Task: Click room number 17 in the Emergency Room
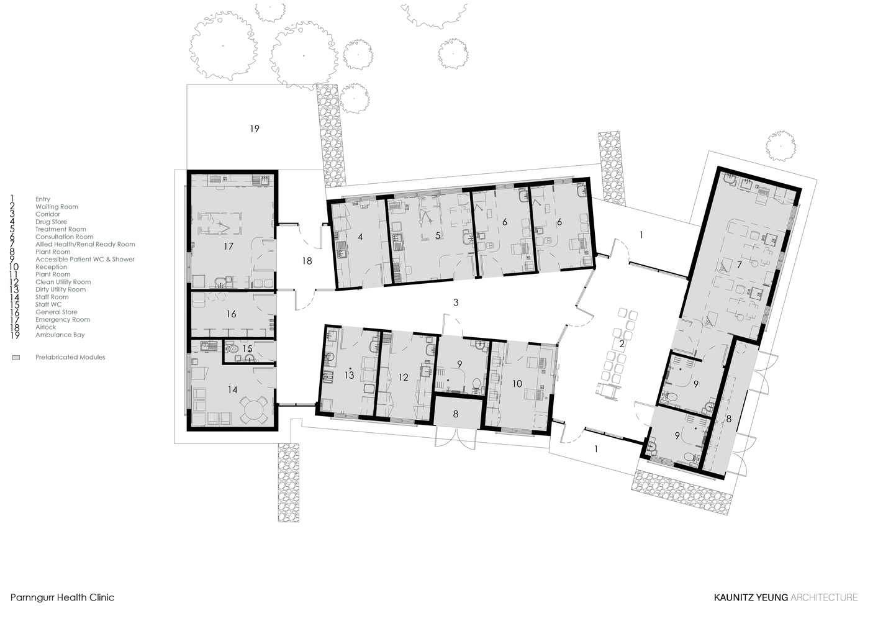[229, 247]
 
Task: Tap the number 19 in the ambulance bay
[255, 129]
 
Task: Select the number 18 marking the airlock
[307, 261]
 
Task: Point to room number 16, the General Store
[231, 314]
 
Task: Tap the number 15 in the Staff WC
[247, 349]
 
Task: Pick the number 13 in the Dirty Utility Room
[349, 375]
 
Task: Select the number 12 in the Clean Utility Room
[404, 377]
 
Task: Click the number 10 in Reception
[517, 384]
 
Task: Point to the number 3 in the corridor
[456, 302]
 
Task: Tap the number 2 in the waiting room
[620, 344]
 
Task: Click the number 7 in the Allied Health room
[739, 265]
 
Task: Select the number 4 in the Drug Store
[360, 236]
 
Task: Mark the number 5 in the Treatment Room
[438, 235]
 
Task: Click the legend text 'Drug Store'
[51, 222]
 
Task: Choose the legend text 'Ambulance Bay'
[60, 335]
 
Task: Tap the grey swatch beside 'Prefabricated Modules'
[16, 358]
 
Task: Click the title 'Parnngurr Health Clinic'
[63, 597]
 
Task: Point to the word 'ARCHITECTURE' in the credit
[824, 597]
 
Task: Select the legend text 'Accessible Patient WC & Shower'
[84, 260]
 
